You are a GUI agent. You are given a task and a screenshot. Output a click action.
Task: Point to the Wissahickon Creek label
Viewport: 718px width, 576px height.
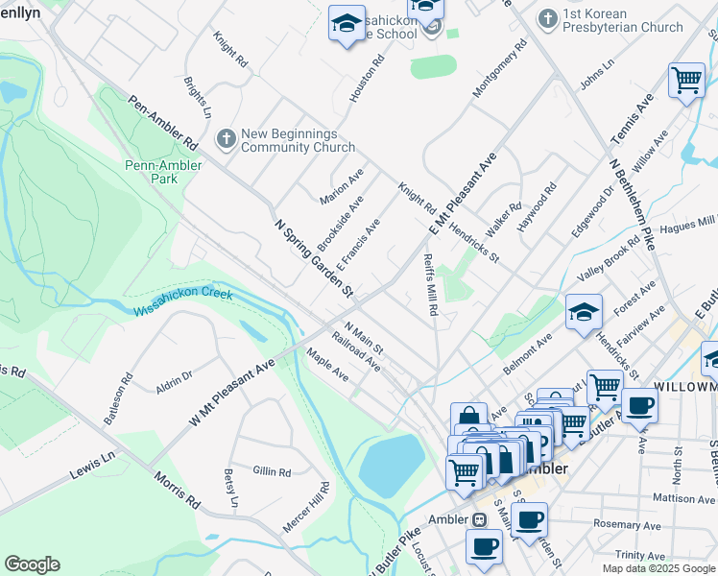coord(182,302)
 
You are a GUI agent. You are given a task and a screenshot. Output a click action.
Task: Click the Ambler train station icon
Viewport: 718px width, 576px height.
coord(478,519)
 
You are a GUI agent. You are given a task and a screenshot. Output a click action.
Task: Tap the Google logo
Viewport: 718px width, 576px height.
coord(33,564)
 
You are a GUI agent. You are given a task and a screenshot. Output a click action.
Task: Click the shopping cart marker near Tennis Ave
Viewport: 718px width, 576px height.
coord(687,82)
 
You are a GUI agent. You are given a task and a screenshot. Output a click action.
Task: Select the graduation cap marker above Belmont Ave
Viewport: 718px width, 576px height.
coord(584,312)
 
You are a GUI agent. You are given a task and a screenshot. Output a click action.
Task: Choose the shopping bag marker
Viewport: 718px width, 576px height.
coord(467,419)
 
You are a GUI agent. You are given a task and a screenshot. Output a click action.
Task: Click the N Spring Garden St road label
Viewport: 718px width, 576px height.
coord(314,257)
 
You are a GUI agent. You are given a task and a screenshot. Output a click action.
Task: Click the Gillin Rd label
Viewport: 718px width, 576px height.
coord(272,471)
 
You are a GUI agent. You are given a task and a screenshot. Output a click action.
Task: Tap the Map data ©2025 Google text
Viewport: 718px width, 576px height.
coord(659,568)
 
